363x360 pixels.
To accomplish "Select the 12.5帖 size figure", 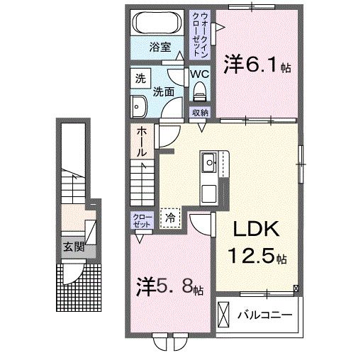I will [257, 256].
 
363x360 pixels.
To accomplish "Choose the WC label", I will [199, 73].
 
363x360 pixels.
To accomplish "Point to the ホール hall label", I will [141, 141].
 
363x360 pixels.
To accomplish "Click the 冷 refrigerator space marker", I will [171, 218].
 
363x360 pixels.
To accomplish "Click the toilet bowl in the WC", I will [200, 91].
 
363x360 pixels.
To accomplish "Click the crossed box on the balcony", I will [223, 313].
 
